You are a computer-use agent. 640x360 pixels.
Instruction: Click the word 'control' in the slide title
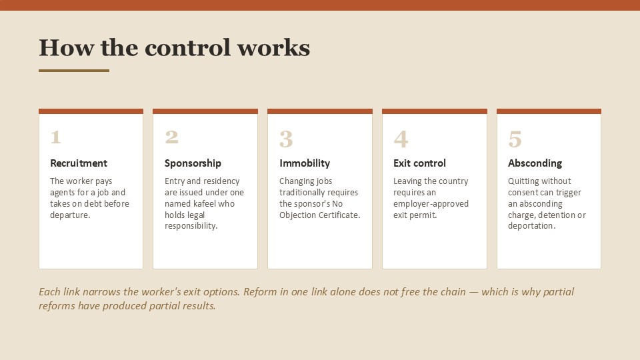pyautogui.click(x=188, y=48)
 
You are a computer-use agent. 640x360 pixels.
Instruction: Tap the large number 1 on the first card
pyautogui.click(x=56, y=137)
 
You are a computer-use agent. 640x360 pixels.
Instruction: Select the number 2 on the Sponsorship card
pyautogui.click(x=171, y=137)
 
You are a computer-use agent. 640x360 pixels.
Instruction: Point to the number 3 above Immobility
pyautogui.click(x=286, y=139)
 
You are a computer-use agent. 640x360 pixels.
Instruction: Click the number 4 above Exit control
pyautogui.click(x=401, y=139)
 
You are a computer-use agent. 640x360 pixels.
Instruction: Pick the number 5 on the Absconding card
pyautogui.click(x=515, y=139)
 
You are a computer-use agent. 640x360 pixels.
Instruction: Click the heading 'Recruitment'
pyautogui.click(x=79, y=163)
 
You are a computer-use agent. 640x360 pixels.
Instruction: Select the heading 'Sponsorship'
pyautogui.click(x=193, y=163)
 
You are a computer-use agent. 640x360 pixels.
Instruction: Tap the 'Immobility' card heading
pyautogui.click(x=305, y=163)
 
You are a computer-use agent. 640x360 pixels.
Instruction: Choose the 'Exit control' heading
pyautogui.click(x=419, y=163)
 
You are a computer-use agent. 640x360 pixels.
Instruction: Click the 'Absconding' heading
pyautogui.click(x=535, y=163)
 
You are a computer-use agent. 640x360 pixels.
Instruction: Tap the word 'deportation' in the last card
pyautogui.click(x=531, y=226)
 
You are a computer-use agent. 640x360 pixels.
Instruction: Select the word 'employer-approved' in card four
pyautogui.click(x=431, y=204)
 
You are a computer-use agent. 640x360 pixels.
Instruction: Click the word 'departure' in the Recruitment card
pyautogui.click(x=69, y=215)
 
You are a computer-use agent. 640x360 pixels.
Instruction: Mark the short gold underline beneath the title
pyautogui.click(x=74, y=71)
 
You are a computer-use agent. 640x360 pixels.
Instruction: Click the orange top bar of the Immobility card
pyautogui.click(x=320, y=111)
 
